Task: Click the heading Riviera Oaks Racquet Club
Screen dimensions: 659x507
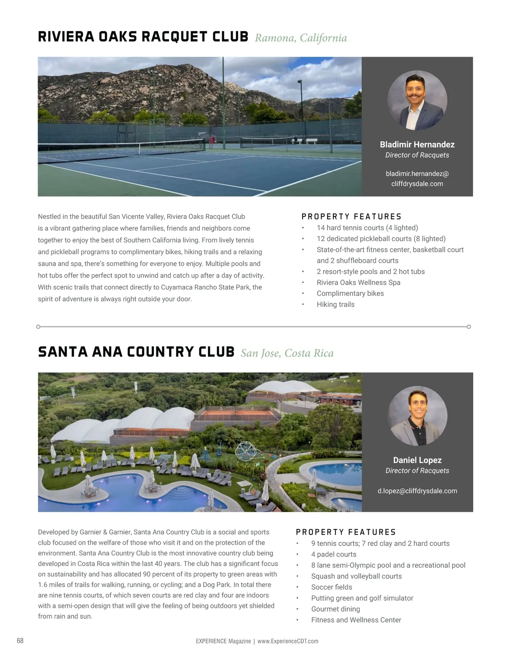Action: [x=143, y=37]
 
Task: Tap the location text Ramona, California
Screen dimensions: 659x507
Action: [x=300, y=38]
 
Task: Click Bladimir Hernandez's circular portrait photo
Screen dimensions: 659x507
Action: [x=417, y=100]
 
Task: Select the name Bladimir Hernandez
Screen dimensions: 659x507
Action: [x=417, y=144]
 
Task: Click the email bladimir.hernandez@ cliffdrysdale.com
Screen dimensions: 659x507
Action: [x=417, y=178]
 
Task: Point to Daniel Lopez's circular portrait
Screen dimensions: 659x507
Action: [x=417, y=416]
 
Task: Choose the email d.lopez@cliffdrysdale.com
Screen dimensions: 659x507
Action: [x=417, y=491]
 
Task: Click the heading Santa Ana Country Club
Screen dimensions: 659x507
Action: [x=136, y=352]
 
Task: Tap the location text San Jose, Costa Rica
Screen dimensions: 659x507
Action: [x=287, y=353]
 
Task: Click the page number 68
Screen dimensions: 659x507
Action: [x=20, y=640]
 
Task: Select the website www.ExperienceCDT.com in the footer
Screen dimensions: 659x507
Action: [x=288, y=641]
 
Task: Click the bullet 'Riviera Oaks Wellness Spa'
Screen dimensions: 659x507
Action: [x=358, y=283]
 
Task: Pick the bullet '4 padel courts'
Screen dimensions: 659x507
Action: [x=333, y=554]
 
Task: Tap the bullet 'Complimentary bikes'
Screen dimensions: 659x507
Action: [x=350, y=294]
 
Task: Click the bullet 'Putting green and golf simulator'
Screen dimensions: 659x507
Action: [x=362, y=598]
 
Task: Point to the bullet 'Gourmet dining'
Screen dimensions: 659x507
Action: [x=335, y=609]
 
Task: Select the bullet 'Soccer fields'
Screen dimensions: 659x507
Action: [x=332, y=587]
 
